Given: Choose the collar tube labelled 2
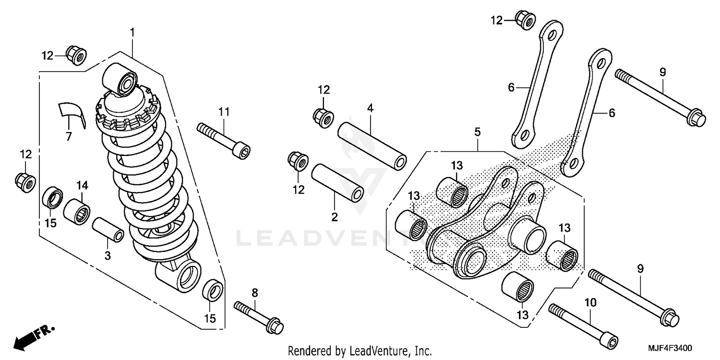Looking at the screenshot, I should pos(337,183).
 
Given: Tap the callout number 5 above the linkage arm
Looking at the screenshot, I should pos(478,131).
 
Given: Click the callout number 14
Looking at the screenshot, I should pos(83,184).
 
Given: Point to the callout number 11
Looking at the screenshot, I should pos(224,111).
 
